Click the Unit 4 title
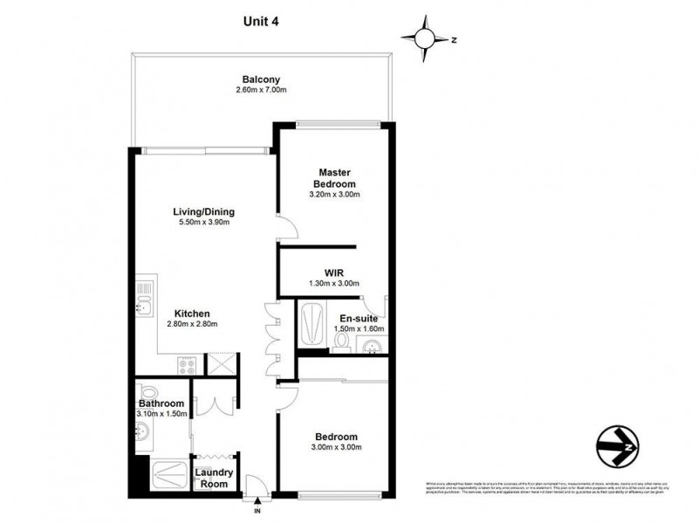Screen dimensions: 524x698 (261, 20)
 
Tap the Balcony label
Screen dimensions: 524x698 (261, 79)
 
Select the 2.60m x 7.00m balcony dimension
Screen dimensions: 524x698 (261, 91)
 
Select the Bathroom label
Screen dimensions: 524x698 (161, 403)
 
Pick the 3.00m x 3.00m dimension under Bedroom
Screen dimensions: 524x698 (336, 447)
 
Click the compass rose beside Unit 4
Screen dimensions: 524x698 (425, 38)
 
